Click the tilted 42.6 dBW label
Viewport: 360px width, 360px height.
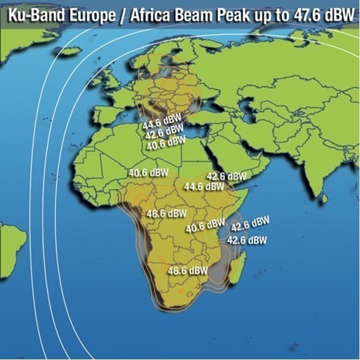pos(250,224)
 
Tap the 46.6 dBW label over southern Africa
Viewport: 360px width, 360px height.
pos(188,270)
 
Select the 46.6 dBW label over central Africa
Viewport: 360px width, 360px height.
pos(166,213)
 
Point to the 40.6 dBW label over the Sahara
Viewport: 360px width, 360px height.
pos(148,173)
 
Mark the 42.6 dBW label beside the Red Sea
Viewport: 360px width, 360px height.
pos(226,176)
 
